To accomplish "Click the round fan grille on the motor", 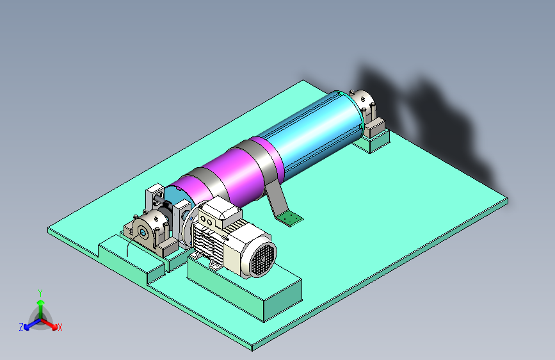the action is pyautogui.click(x=262, y=259).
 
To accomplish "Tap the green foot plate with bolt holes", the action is pyautogui.click(x=290, y=218).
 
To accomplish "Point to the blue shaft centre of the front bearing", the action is pyautogui.click(x=143, y=233).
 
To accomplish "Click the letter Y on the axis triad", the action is pyautogui.click(x=40, y=293).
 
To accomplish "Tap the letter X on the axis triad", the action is pyautogui.click(x=60, y=328).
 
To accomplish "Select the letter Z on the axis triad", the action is pyautogui.click(x=21, y=327).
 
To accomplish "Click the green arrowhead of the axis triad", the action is pyautogui.click(x=41, y=303).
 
